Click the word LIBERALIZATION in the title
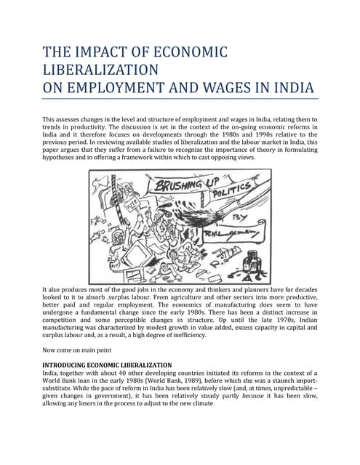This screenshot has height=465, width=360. tap(102, 70)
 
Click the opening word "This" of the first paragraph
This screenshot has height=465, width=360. tap(51, 118)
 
